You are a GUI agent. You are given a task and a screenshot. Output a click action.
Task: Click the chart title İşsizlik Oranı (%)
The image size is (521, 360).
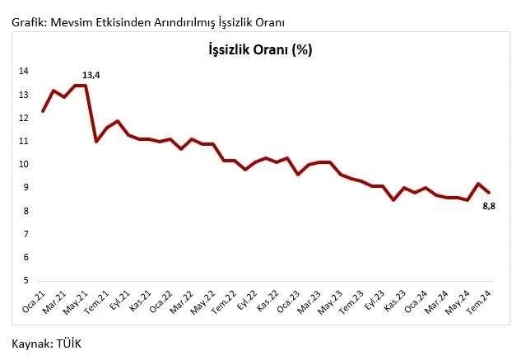260,49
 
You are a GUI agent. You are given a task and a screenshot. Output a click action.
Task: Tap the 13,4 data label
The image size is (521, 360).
91,76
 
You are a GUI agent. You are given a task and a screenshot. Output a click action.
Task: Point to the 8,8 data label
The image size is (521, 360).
487,205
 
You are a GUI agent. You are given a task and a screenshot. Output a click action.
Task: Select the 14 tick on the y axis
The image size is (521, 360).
23,72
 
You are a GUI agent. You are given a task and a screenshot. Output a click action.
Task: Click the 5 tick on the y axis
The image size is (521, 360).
25,281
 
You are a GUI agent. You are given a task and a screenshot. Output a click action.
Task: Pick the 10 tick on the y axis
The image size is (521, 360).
23,165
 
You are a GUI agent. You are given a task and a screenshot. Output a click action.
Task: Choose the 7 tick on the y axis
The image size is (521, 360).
25,235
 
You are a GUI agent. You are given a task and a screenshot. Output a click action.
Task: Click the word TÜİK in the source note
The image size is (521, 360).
69,343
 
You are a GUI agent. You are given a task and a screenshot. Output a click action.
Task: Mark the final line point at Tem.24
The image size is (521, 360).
489,193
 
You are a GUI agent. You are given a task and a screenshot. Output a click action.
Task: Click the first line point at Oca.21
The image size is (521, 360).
42,111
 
